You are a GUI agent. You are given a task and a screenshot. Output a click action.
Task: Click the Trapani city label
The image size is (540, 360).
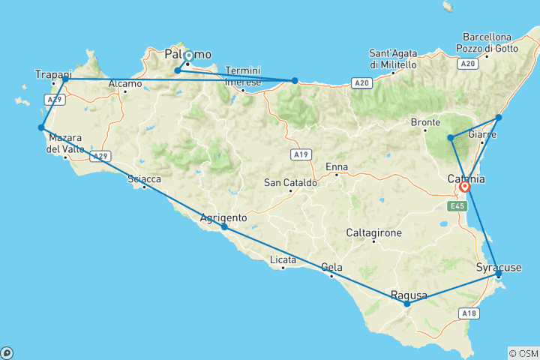[x=52, y=73]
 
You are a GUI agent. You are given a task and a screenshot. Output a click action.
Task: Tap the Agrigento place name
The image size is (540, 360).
[x=223, y=218]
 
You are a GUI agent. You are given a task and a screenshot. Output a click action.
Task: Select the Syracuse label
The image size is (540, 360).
[x=499, y=268]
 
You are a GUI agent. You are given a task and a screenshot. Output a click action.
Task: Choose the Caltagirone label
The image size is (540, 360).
[x=373, y=233]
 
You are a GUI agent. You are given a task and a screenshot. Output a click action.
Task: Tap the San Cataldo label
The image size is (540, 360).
[x=290, y=182]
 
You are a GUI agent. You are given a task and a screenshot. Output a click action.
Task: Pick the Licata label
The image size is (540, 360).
[x=282, y=260]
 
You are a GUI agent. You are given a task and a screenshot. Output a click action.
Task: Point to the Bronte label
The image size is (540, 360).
[x=425, y=121]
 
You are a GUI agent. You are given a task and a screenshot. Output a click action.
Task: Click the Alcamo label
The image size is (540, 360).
[x=124, y=84]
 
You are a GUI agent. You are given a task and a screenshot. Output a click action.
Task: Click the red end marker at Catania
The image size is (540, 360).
[x=465, y=187]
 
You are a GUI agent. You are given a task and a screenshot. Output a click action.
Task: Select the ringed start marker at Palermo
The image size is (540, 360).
[x=187, y=55]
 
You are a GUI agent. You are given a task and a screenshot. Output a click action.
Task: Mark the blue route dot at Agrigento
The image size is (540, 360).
[x=224, y=226]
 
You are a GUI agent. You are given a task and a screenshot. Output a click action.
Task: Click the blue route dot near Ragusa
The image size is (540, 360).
[x=406, y=304]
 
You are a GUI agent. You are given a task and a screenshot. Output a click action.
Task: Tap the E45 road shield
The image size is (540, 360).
[x=457, y=205]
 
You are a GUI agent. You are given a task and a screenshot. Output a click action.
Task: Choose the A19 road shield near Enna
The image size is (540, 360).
[x=301, y=154]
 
